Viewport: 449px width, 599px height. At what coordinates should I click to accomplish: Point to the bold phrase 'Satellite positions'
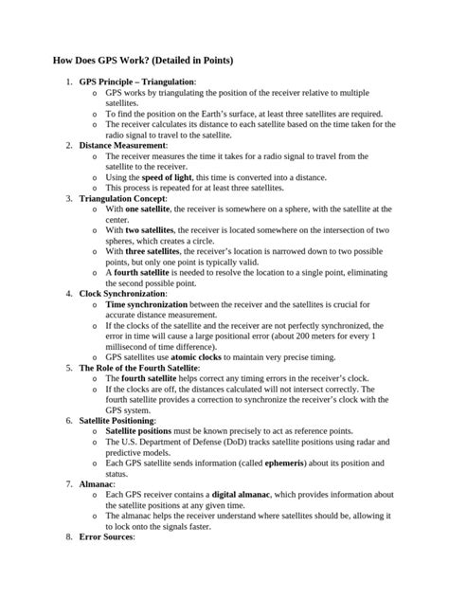141,429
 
